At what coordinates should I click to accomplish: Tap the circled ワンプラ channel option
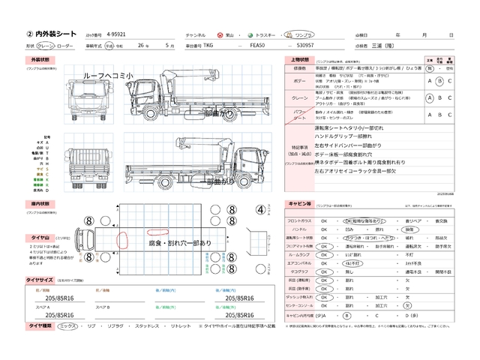283,35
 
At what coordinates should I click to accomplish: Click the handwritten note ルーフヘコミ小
109,76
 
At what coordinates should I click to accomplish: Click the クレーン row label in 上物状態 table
298,97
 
